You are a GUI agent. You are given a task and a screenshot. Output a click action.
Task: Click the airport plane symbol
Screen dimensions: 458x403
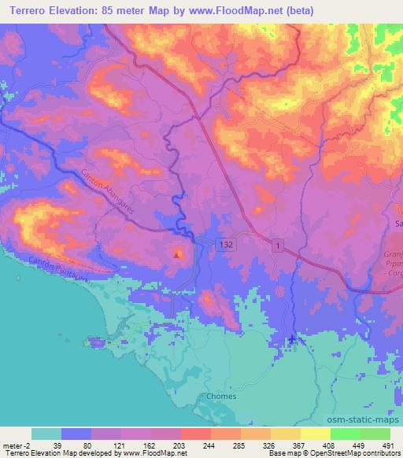pyautogui.click(x=293, y=339)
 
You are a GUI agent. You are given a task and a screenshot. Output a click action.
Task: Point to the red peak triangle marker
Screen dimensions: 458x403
pyautogui.click(x=178, y=253)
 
